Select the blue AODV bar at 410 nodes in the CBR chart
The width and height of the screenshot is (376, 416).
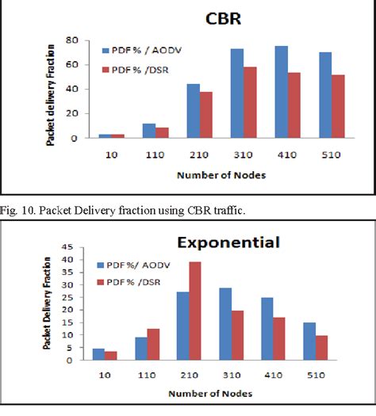281,93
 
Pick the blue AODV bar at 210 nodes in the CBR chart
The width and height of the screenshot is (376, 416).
193,112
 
